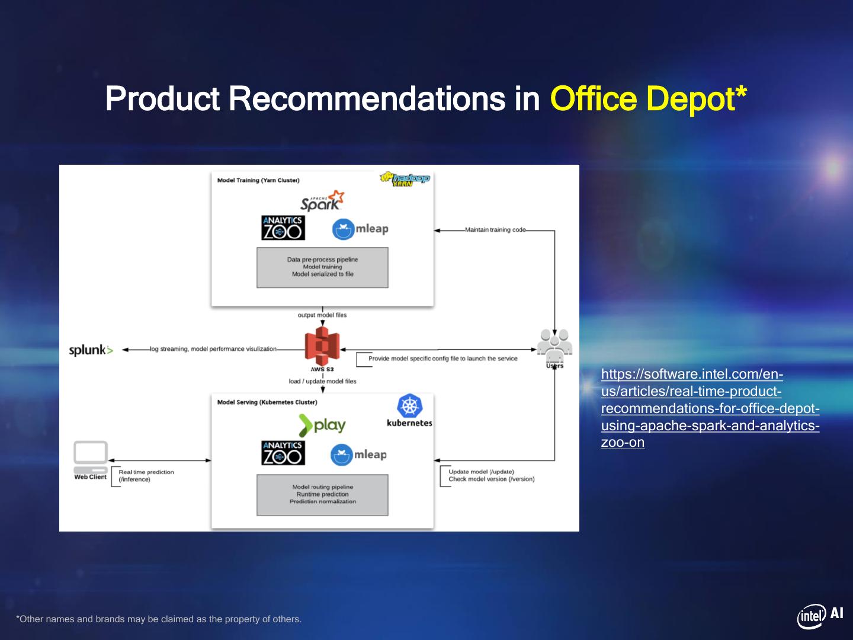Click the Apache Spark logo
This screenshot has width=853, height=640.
[x=322, y=201]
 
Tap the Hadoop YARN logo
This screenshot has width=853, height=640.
[x=405, y=179]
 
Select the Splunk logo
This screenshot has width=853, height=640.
[x=91, y=350]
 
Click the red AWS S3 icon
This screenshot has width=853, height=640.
[x=322, y=348]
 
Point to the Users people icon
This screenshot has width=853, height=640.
[x=554, y=345]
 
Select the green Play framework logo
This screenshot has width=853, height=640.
[x=322, y=425]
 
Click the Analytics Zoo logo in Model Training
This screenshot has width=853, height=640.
[x=283, y=228]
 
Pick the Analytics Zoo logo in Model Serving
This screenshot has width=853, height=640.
[x=283, y=453]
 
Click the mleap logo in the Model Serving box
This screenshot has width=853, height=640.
[x=359, y=455]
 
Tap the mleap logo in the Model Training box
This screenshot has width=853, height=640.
[x=360, y=229]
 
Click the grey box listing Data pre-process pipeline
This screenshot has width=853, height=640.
[x=322, y=267]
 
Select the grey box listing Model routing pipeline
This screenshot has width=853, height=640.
[x=322, y=495]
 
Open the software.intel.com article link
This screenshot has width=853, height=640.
[x=710, y=408]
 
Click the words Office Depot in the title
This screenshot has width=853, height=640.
[x=648, y=98]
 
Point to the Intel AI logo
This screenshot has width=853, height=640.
[x=820, y=616]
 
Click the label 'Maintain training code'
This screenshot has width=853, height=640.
[x=495, y=230]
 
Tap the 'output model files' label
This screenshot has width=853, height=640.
[x=322, y=315]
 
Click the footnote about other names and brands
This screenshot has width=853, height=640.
[x=159, y=619]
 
